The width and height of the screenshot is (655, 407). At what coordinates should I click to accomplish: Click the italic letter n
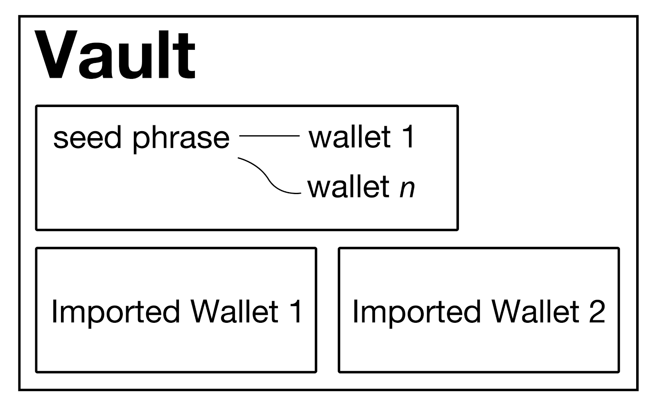tap(407, 188)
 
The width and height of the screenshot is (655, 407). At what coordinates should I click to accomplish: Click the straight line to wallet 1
tap(269, 136)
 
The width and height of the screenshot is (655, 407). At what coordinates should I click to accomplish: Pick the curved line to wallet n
tap(268, 177)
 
